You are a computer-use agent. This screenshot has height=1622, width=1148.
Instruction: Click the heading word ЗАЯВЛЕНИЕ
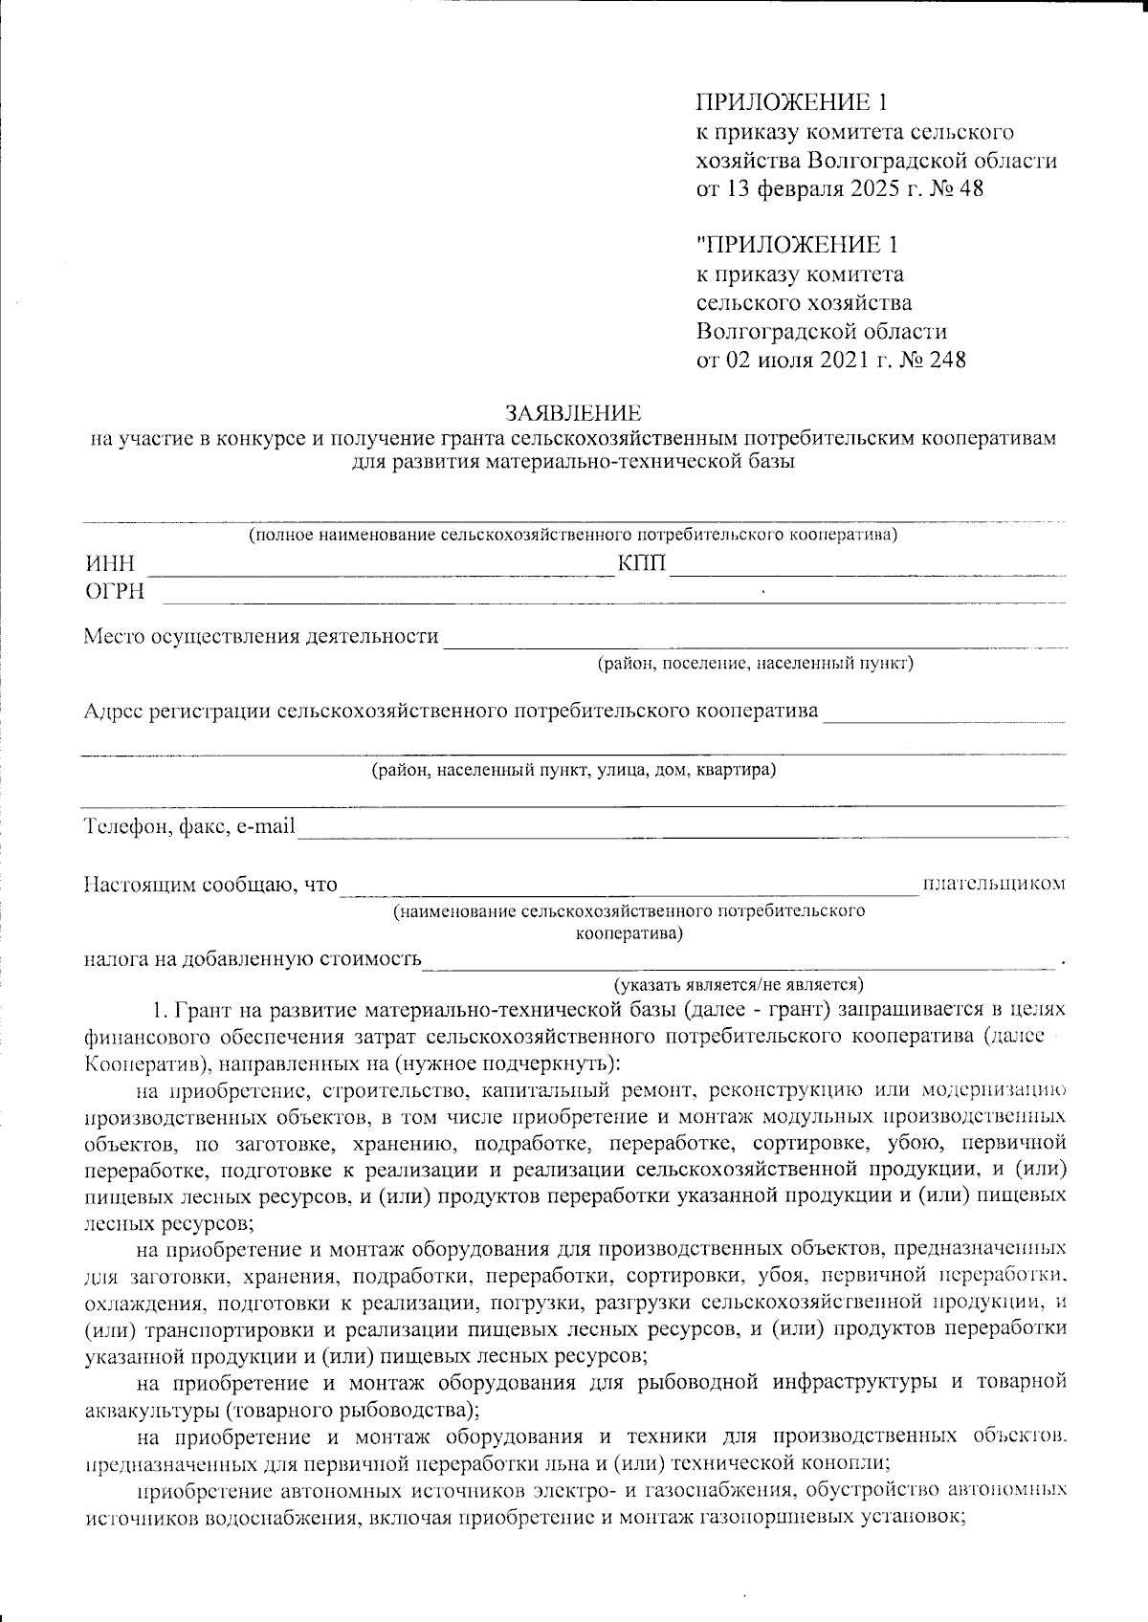[x=573, y=414]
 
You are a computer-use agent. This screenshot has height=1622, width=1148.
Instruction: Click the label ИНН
[x=108, y=564]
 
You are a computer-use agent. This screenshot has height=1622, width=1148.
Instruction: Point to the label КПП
[x=643, y=564]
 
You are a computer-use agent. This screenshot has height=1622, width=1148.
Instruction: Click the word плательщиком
[x=993, y=884]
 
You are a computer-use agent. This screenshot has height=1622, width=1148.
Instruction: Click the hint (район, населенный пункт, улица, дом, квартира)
[x=573, y=771]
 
